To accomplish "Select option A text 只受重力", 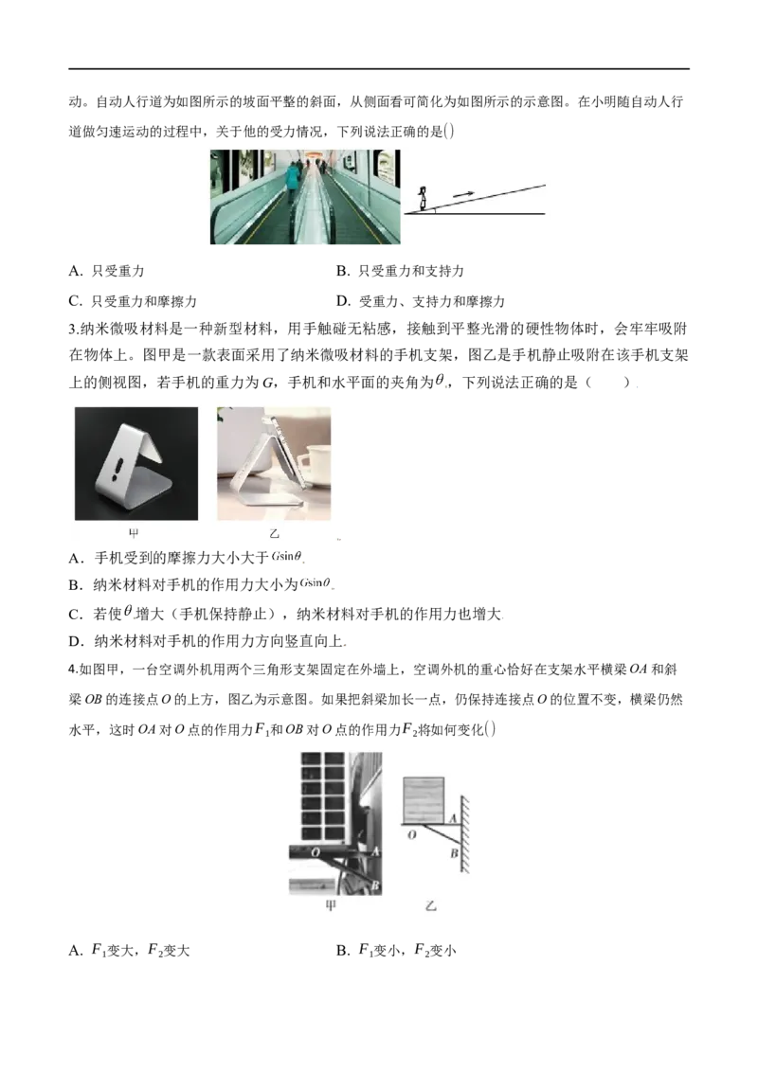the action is click(x=107, y=272).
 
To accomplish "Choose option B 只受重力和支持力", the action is click(x=400, y=272).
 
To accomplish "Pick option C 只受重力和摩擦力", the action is click(x=133, y=301).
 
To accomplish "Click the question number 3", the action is click(x=74, y=330).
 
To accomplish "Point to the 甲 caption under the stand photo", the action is click(x=135, y=533).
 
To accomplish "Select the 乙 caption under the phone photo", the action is click(x=275, y=533).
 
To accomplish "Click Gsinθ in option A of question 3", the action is click(x=287, y=557).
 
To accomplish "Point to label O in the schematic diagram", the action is click(x=411, y=834).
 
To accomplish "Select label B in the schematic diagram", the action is click(x=454, y=853).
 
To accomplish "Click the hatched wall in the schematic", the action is click(x=465, y=834).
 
